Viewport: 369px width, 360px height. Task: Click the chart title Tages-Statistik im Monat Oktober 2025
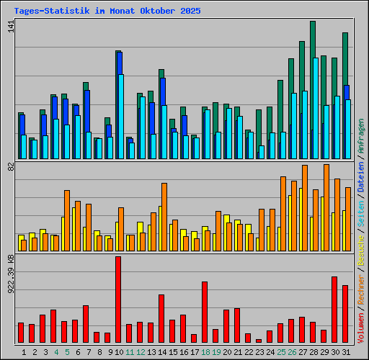107,12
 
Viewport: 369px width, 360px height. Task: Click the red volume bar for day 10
118,300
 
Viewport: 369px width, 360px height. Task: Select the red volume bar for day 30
334,310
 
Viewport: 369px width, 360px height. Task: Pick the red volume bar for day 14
161,318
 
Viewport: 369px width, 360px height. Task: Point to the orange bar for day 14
164,217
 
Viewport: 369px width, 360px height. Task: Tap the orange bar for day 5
67,220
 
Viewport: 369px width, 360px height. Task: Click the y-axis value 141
9,26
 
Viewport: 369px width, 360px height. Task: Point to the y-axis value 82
9,168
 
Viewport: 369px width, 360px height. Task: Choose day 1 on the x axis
24,352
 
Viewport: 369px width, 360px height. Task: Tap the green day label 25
280,352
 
